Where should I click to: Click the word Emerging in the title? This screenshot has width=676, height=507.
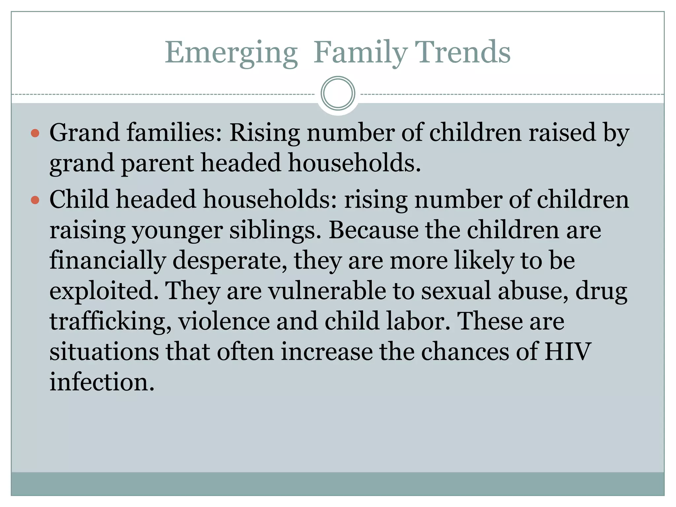[x=231, y=53]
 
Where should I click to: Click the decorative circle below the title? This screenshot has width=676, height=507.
[x=338, y=93]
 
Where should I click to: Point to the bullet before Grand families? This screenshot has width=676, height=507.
[x=35, y=133]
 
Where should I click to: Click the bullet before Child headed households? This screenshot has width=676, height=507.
[x=35, y=200]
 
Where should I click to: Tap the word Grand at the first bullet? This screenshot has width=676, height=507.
[x=84, y=133]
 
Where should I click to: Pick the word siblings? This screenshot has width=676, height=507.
[x=275, y=230]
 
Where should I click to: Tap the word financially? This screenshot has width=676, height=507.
[x=108, y=261]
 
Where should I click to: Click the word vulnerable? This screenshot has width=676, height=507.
[x=327, y=291]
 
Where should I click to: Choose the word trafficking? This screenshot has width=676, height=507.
[x=111, y=321]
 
